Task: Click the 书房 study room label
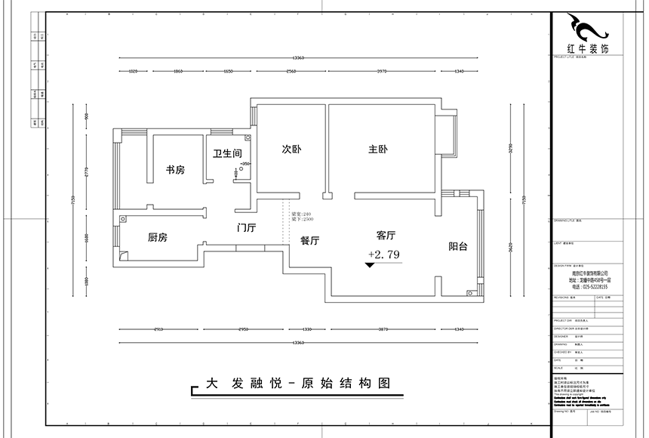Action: tap(175, 170)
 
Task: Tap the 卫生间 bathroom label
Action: tap(226, 153)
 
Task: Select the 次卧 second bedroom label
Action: tap(291, 150)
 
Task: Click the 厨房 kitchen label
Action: tap(157, 238)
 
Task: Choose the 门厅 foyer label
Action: tap(247, 227)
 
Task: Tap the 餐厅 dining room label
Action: tap(310, 241)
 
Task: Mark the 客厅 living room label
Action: tap(386, 236)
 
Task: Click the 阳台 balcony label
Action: tap(458, 246)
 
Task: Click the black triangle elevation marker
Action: tap(370, 266)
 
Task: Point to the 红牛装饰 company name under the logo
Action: tap(586, 49)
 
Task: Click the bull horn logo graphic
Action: tap(587, 29)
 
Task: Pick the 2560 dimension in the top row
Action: tap(291, 72)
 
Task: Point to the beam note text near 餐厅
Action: tap(301, 217)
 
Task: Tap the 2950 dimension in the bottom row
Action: tap(239, 330)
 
